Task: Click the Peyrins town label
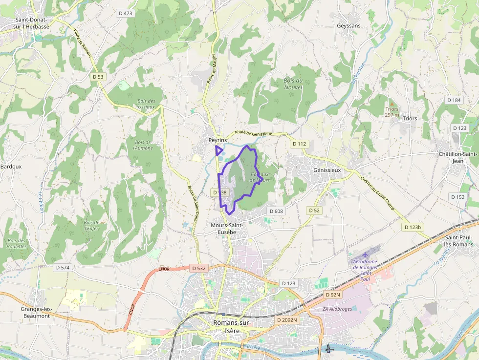[x=218, y=140]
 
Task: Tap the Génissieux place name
[x=326, y=170]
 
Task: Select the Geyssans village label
[x=348, y=26]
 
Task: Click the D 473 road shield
[x=125, y=13]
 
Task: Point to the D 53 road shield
[x=98, y=77]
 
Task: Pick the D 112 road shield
[x=299, y=144]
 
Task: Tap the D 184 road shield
[x=454, y=100]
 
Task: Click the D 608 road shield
[x=276, y=211]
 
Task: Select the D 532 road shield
[x=198, y=268]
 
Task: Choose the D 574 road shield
[x=63, y=267]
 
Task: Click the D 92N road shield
[x=333, y=295]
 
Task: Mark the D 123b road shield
[x=413, y=227]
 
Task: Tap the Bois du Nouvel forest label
[x=293, y=84]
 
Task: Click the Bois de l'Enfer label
[x=91, y=225]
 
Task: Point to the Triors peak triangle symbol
[x=391, y=104]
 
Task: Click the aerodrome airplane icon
[x=366, y=255]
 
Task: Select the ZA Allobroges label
[x=337, y=309]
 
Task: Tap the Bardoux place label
[x=11, y=166]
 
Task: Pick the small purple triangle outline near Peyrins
[x=218, y=150]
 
